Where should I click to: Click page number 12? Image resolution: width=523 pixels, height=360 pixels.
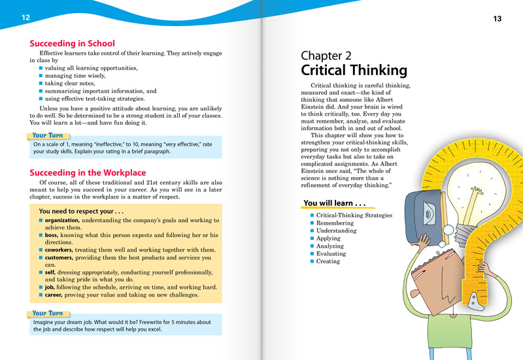click(x=25, y=17)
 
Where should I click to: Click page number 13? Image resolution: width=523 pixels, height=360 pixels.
click(x=497, y=18)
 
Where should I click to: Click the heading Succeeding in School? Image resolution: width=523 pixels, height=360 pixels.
click(x=72, y=44)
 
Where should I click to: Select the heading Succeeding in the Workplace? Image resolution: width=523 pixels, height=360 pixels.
click(x=88, y=172)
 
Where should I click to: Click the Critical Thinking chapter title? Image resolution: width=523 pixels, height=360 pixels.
click(x=354, y=71)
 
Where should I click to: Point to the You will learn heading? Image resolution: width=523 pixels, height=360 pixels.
click(x=333, y=203)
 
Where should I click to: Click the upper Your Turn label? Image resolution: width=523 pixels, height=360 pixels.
click(x=48, y=136)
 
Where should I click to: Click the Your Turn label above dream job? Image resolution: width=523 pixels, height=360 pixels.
click(x=48, y=313)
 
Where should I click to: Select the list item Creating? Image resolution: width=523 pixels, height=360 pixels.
click(x=328, y=261)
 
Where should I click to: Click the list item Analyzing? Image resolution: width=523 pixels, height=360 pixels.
click(x=333, y=246)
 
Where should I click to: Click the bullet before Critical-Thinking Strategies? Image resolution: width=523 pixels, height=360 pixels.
click(x=311, y=215)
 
